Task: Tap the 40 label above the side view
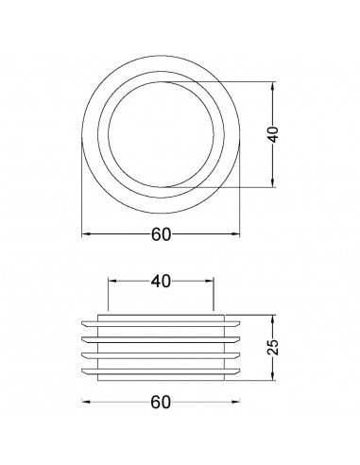click(x=161, y=282)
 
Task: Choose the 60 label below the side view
click(x=160, y=403)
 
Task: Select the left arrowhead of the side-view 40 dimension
click(x=111, y=280)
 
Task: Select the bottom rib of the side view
click(x=160, y=366)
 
